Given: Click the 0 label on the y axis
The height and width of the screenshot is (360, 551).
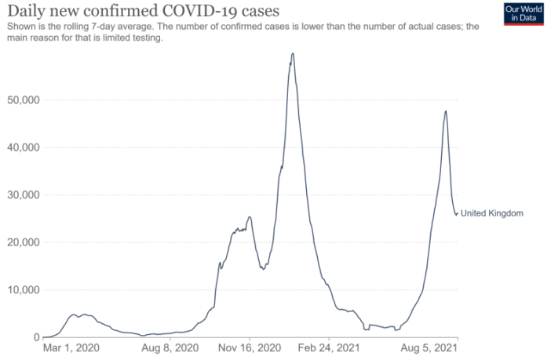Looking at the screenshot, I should pyautogui.click(x=37, y=337).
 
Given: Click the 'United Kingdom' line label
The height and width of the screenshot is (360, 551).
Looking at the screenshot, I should pyautogui.click(x=491, y=213).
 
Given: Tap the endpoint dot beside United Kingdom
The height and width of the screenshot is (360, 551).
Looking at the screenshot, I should pyautogui.click(x=458, y=213).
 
